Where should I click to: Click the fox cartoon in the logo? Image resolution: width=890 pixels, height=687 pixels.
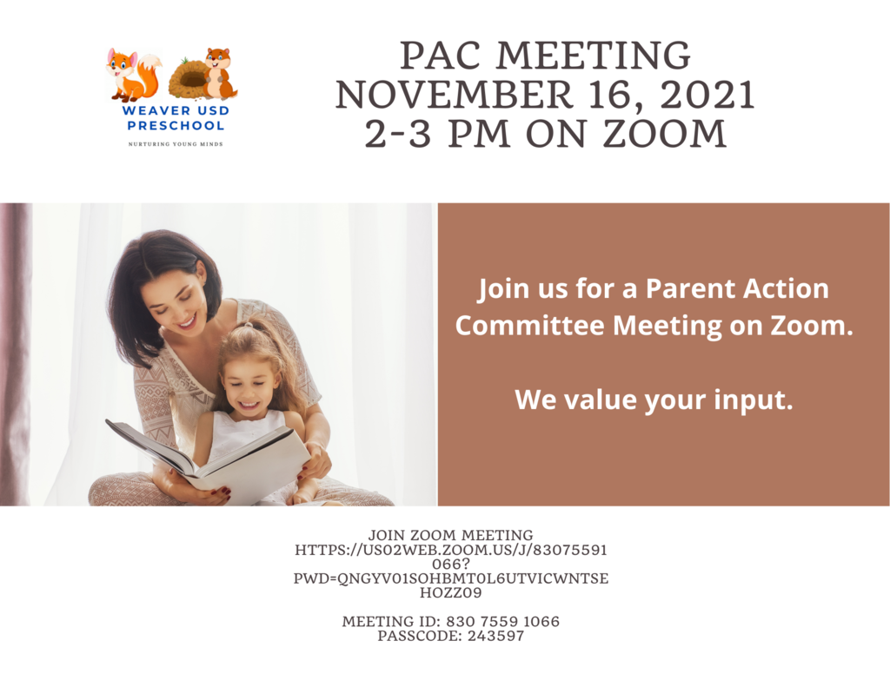point(133,75)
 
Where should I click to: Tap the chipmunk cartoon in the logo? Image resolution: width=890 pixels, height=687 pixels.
point(220,73)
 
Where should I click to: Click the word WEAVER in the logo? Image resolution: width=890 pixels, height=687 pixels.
point(151,110)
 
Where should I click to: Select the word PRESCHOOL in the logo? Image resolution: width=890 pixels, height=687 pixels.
point(176,125)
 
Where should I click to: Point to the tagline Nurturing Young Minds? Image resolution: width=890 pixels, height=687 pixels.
point(176,144)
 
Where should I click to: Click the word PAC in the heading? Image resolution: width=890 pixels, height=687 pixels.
point(442,56)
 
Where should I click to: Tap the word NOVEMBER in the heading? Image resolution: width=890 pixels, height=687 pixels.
point(454,95)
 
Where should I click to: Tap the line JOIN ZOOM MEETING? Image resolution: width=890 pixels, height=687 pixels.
point(451,535)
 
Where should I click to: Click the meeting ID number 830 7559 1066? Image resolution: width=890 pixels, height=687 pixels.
point(503,622)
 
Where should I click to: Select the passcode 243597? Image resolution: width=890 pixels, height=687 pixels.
point(495,636)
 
